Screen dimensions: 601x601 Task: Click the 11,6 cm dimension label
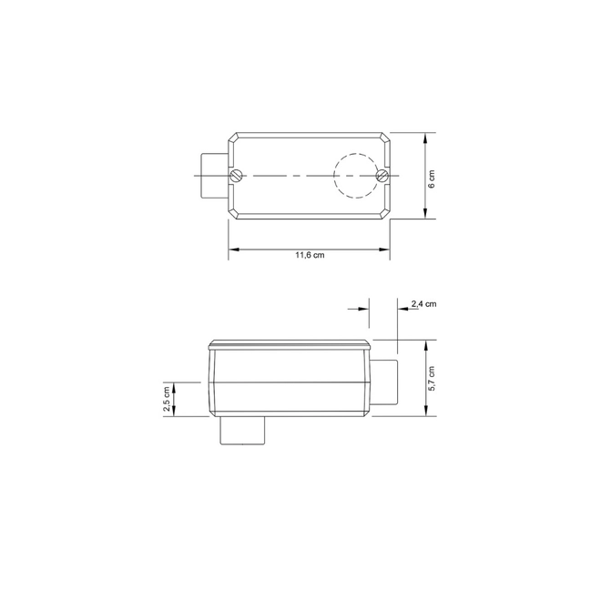pos(310,255)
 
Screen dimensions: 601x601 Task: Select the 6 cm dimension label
pos(432,178)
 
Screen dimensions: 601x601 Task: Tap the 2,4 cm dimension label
pos(424,304)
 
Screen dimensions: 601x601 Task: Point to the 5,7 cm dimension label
pos(432,378)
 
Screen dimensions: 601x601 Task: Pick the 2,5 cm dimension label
pos(167,399)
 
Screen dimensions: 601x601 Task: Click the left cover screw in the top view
pos(237,176)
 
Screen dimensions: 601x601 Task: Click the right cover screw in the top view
pos(382,176)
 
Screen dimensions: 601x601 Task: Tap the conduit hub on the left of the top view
pos(215,176)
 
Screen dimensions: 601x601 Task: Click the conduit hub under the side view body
pos(242,431)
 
